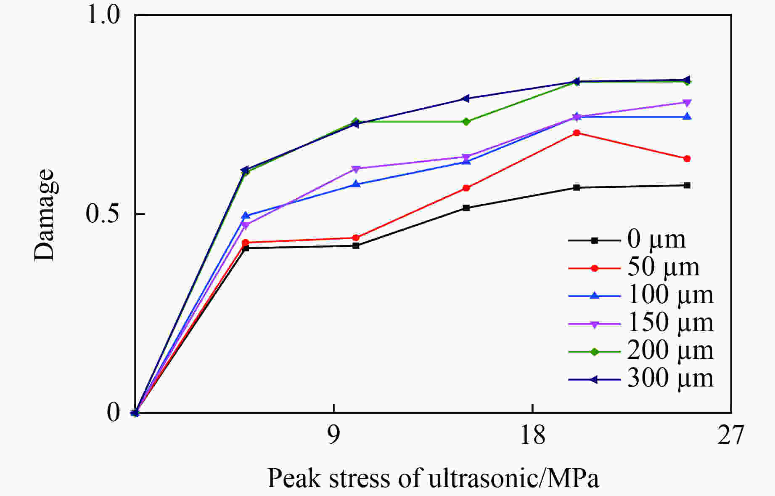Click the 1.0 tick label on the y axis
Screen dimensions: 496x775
tap(103, 15)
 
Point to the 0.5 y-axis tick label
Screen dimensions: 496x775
tap(103, 214)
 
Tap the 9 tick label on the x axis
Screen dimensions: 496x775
tap(333, 435)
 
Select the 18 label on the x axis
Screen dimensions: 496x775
tap(532, 435)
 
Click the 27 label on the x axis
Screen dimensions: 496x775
tap(731, 435)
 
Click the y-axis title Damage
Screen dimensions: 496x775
tap(45, 215)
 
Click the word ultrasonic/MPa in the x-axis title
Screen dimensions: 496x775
tap(513, 478)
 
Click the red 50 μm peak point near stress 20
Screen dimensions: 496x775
tap(577, 133)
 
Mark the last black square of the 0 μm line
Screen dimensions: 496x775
tap(687, 185)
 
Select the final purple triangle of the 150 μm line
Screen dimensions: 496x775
tap(687, 103)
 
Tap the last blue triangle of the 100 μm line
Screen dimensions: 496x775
tap(687, 117)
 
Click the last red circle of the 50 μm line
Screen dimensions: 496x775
tap(687, 159)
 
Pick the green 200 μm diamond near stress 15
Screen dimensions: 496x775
tap(466, 122)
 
